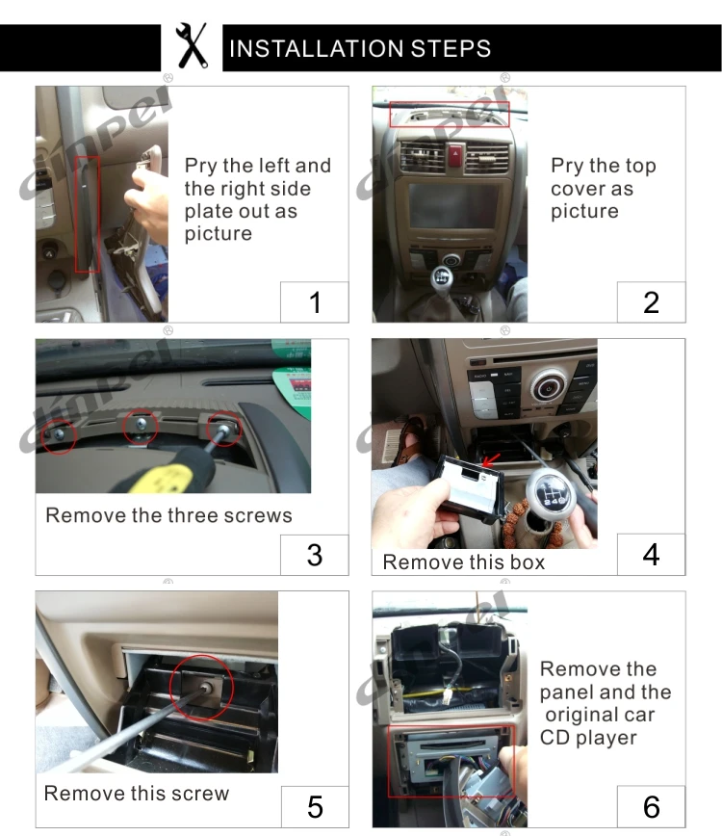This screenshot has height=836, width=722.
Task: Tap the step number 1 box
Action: click(314, 302)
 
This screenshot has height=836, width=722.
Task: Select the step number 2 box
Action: click(651, 302)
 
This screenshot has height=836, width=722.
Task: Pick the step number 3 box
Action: click(314, 555)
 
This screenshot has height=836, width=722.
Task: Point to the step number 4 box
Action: click(651, 555)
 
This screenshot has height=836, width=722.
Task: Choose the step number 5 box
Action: click(314, 805)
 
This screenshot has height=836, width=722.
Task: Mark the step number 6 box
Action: click(651, 805)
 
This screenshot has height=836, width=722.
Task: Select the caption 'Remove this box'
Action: click(463, 562)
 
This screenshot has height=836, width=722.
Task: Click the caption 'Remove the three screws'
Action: click(168, 515)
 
